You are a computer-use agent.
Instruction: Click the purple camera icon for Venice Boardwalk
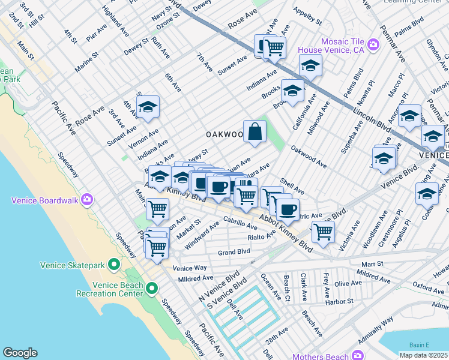(x=87, y=199)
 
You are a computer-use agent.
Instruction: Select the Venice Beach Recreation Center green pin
(x=152, y=289)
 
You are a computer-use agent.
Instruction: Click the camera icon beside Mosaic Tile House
(x=373, y=44)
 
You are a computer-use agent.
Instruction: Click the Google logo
(x=20, y=353)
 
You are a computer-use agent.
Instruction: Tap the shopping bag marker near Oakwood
(x=255, y=131)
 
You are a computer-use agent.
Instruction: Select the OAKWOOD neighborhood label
(x=224, y=135)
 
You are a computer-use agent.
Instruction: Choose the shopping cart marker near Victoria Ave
(x=323, y=230)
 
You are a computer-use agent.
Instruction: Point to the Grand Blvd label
(x=234, y=252)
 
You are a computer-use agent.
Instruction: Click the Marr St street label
(x=372, y=264)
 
